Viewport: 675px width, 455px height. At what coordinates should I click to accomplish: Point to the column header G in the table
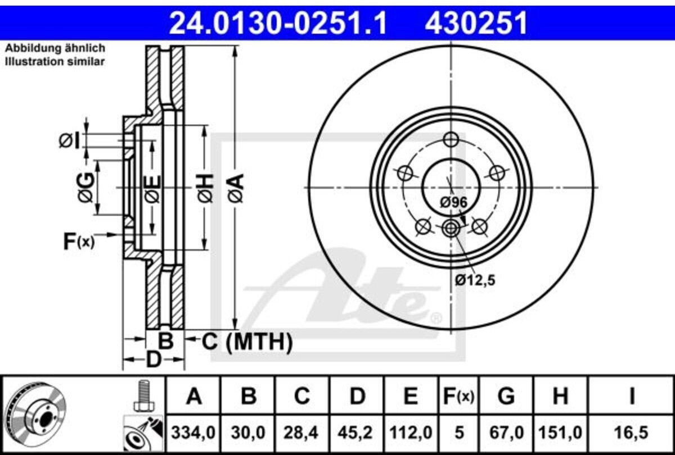(x=506, y=397)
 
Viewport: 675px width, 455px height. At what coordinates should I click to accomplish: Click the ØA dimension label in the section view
(x=235, y=188)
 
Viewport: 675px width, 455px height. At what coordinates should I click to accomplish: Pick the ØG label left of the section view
(x=86, y=188)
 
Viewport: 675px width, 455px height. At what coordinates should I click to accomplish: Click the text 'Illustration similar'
(x=55, y=62)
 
